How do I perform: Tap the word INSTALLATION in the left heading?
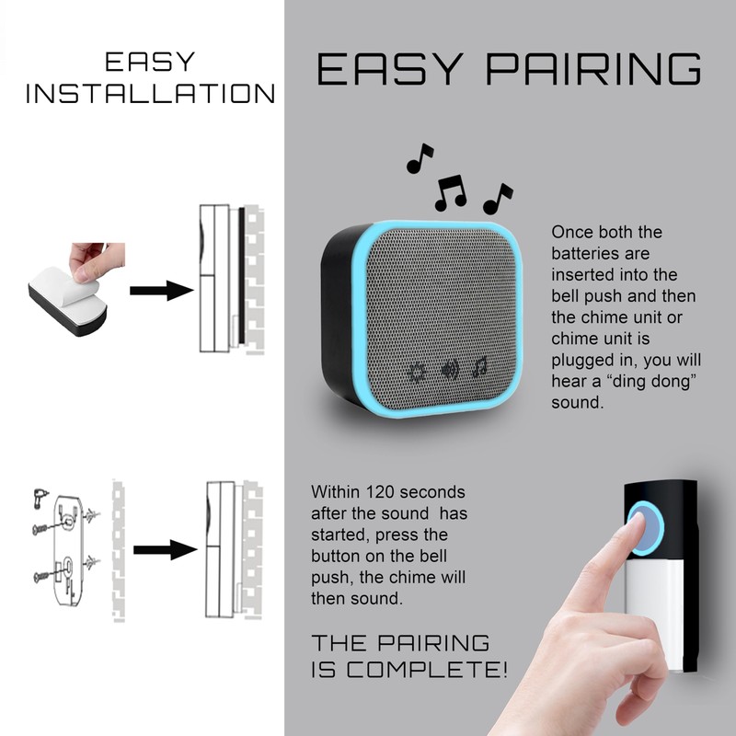click(150, 94)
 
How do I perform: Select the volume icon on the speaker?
click(450, 371)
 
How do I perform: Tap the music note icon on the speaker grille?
click(479, 369)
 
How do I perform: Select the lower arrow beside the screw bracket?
click(165, 550)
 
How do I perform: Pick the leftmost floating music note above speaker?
click(420, 159)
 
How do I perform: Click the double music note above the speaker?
click(451, 192)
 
